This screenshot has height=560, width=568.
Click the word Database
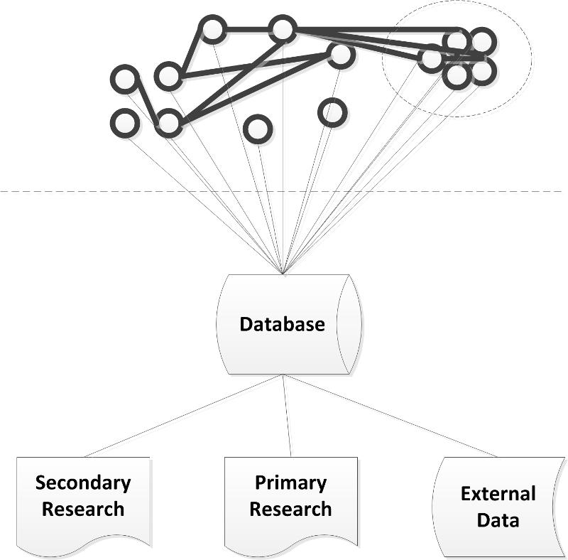pyautogui.click(x=282, y=325)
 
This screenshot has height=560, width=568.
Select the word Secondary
pyautogui.click(x=83, y=483)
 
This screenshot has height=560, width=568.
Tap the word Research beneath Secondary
pyautogui.click(x=83, y=509)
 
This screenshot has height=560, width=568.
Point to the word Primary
pyautogui.click(x=290, y=483)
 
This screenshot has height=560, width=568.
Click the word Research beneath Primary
pyautogui.click(x=290, y=509)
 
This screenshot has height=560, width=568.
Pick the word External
pyautogui.click(x=498, y=493)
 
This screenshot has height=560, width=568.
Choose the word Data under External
pyautogui.click(x=498, y=519)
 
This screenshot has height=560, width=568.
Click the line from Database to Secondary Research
pyautogui.click(x=185, y=416)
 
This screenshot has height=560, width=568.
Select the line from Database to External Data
pyautogui.click(x=390, y=416)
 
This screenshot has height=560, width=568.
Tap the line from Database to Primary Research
pyautogui.click(x=287, y=416)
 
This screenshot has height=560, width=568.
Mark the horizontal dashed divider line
pyautogui.click(x=106, y=192)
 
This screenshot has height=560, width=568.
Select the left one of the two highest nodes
pyautogui.click(x=212, y=30)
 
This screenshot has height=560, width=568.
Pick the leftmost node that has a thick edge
pyautogui.click(x=126, y=78)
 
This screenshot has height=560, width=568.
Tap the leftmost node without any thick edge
pyautogui.click(x=125, y=122)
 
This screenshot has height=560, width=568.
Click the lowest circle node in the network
pyautogui.click(x=256, y=129)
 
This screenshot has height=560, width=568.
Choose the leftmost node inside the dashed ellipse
pyautogui.click(x=431, y=58)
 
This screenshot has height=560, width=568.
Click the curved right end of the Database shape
pyautogui.click(x=354, y=325)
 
